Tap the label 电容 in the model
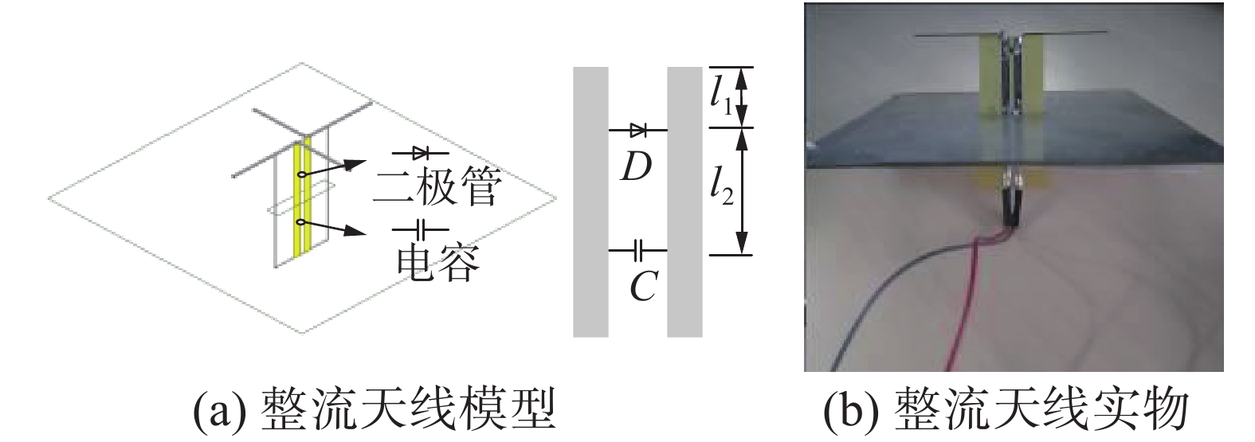tap(437, 264)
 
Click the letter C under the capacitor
tap(641, 287)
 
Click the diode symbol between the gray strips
tap(638, 129)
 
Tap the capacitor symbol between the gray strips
tap(638, 251)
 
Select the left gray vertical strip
tap(590, 201)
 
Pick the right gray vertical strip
tap(684, 201)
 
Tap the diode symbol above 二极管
tap(421, 151)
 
